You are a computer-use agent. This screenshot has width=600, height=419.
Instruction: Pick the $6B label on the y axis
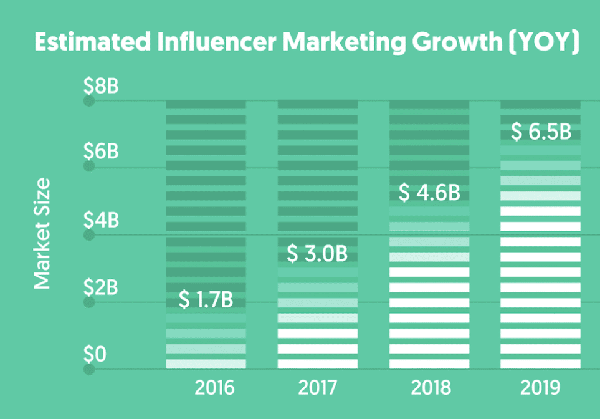click(101, 152)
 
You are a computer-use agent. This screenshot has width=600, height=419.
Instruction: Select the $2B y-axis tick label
click(101, 287)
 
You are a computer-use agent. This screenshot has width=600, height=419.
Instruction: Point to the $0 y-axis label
click(95, 355)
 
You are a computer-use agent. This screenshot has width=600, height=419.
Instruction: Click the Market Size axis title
click(42, 233)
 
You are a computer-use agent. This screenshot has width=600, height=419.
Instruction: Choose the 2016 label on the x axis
click(214, 388)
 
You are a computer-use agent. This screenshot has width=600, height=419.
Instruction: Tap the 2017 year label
click(317, 388)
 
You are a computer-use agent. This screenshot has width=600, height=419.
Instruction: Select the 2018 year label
click(430, 388)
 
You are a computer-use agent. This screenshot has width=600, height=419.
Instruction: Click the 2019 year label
click(540, 388)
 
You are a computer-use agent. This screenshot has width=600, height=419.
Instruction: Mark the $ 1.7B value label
click(206, 300)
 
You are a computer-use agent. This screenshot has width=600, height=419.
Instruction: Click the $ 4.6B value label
click(429, 193)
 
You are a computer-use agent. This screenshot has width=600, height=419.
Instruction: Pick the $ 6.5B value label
click(541, 132)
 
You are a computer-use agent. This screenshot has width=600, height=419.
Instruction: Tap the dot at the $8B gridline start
click(89, 101)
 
